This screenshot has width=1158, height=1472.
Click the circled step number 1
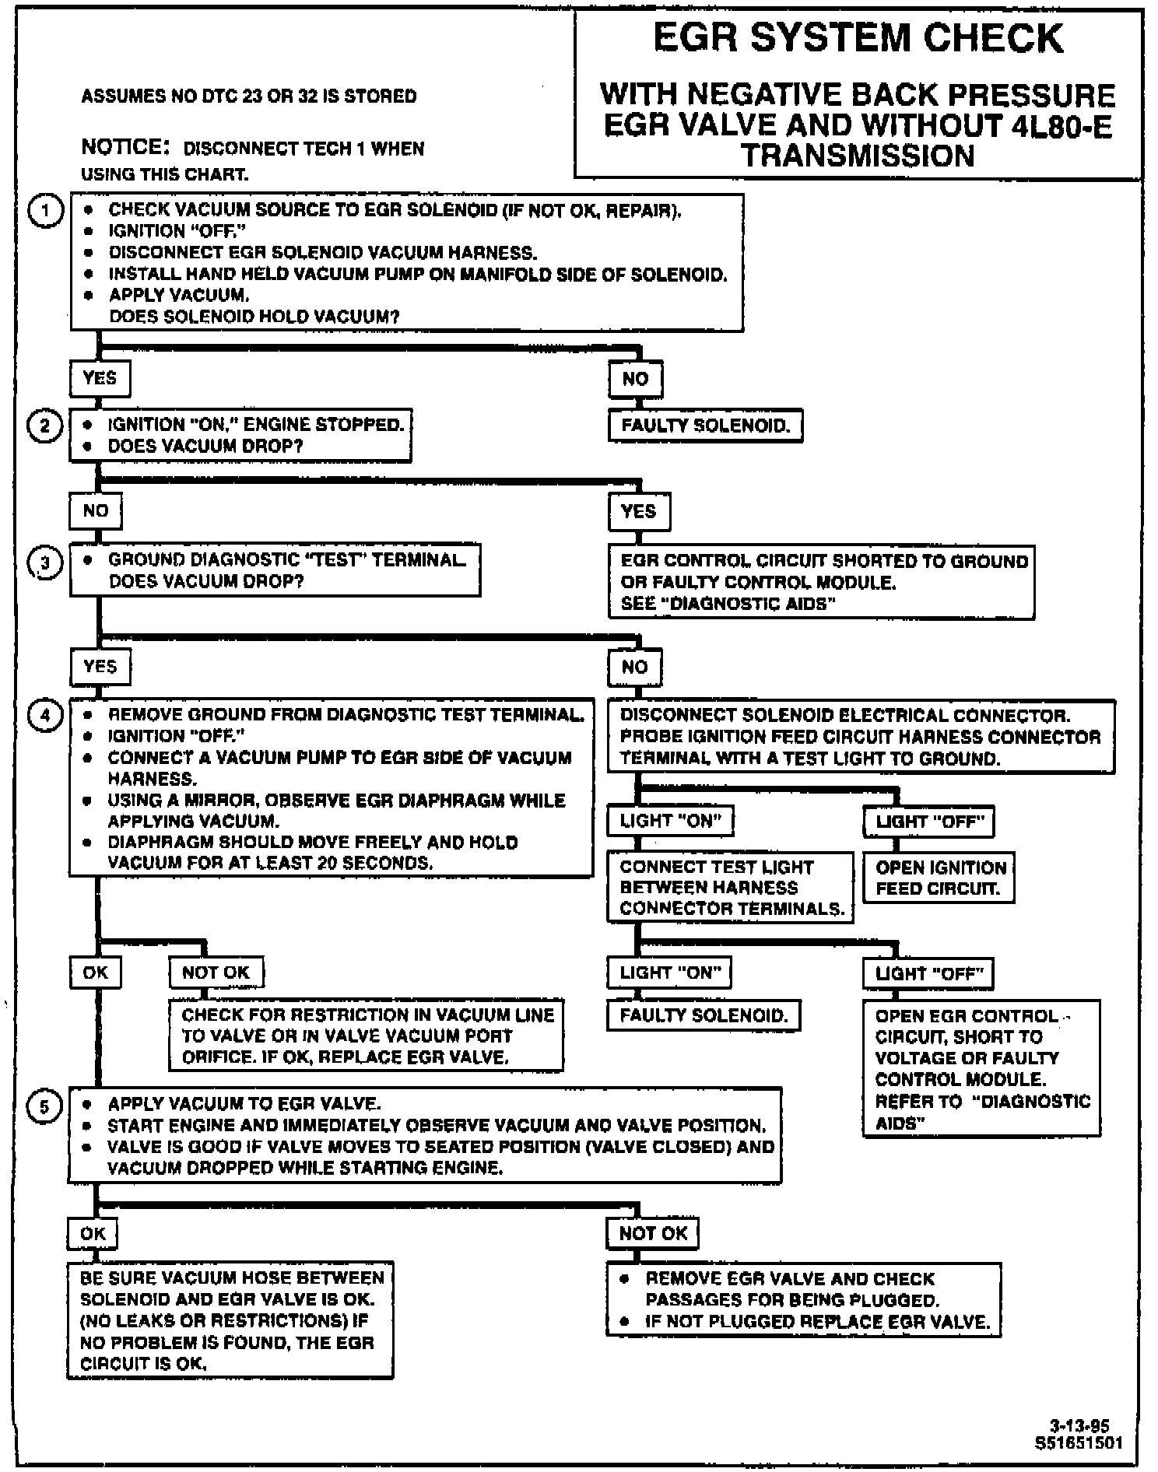coord(45,212)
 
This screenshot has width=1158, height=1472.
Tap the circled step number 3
coord(45,562)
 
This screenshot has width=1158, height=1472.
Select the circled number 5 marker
coord(44,1107)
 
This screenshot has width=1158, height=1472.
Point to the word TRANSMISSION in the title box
coord(858,156)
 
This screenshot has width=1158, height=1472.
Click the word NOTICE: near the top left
coord(125,147)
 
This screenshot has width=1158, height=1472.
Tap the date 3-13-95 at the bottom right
coord(1079,1426)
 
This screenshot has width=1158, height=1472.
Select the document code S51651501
coord(1079,1442)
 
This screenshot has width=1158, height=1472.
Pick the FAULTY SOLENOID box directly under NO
coord(705,426)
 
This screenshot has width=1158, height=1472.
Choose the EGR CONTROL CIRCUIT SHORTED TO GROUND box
coord(823,582)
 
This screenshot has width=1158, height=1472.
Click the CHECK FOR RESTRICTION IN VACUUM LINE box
coord(367,1036)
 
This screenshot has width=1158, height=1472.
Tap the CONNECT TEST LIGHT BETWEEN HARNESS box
coord(731,888)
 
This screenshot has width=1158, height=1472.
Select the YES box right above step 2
coord(100,379)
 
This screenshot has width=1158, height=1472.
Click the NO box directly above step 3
coord(95,511)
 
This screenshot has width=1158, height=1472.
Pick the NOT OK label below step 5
coord(653,1233)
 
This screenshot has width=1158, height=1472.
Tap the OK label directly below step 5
coord(93,1233)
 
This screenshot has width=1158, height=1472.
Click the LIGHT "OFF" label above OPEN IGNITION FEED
coord(929,822)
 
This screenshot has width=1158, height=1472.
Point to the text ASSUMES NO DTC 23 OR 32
coord(248,96)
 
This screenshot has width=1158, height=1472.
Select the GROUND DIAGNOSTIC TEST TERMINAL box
coord(275,570)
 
